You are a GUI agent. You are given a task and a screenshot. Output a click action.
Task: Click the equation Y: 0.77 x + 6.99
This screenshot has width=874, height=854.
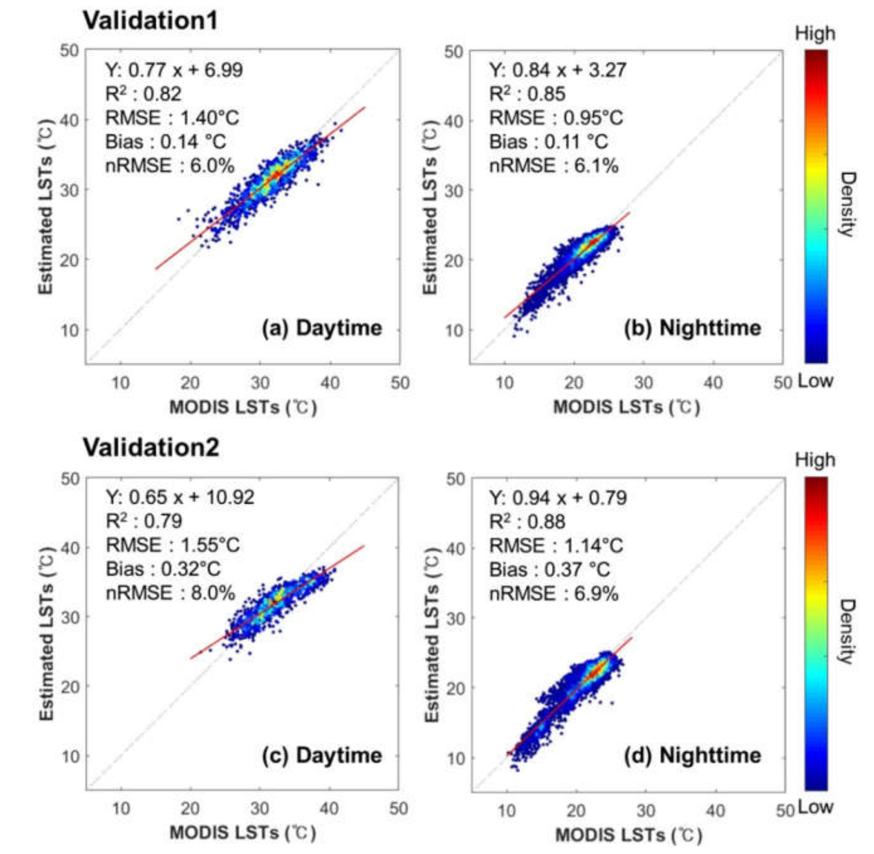174,70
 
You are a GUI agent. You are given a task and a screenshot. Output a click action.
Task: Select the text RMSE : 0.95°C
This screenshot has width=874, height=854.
556,118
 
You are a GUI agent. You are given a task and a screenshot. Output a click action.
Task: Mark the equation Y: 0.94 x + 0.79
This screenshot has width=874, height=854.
558,498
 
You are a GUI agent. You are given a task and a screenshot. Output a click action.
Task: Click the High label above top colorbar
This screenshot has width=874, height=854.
815,34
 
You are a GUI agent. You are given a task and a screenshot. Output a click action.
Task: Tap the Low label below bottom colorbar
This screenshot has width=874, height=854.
815,807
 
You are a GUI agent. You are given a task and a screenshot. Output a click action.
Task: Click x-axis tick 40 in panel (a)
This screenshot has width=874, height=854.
330,383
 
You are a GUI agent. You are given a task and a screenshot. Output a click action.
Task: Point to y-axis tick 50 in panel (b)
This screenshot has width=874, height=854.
454,52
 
